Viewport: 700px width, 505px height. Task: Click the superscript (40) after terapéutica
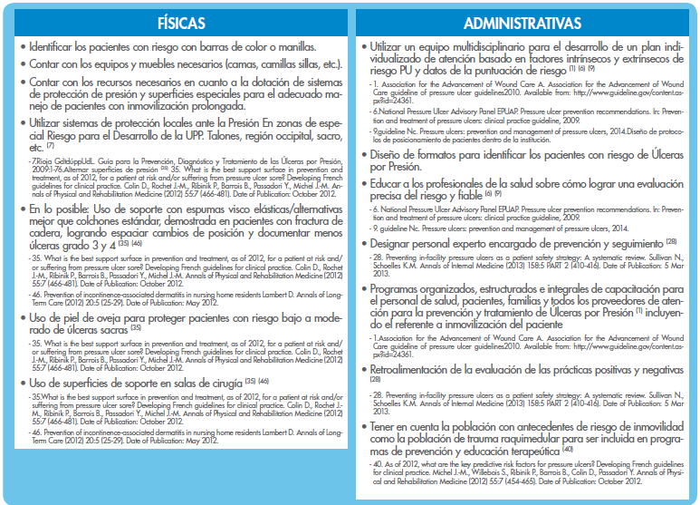click(567, 450)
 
